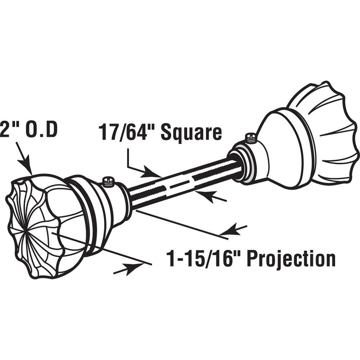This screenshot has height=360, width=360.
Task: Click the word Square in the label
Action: point(192,132)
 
